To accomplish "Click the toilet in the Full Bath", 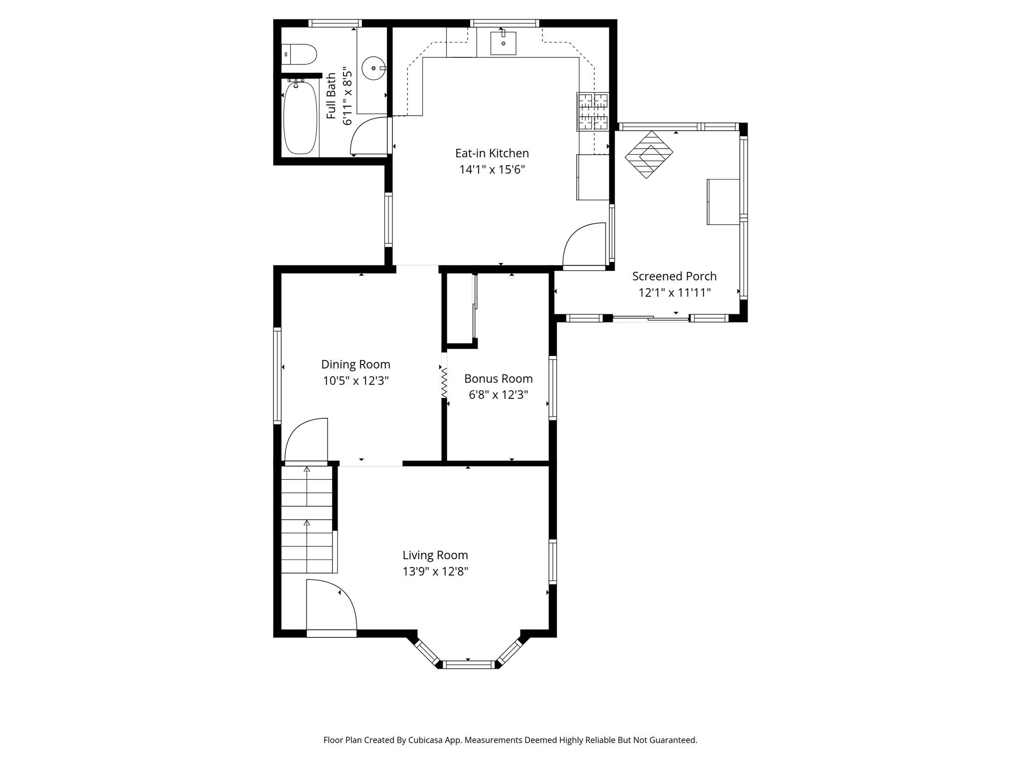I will [301, 54].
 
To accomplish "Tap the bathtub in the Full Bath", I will [300, 118].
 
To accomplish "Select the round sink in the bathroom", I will [373, 68].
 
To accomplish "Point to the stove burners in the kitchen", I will [593, 112].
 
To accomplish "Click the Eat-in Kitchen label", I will [492, 153].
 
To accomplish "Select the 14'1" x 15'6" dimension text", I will [492, 170].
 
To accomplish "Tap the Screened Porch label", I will [674, 276].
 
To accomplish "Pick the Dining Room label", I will [355, 365].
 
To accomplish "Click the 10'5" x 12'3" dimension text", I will [355, 381].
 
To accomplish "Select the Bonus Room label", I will [498, 379].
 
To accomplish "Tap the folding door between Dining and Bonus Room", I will [444, 383].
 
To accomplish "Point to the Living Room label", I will [435, 555].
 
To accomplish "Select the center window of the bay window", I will [468, 664].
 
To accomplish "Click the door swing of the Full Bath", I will [369, 136].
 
